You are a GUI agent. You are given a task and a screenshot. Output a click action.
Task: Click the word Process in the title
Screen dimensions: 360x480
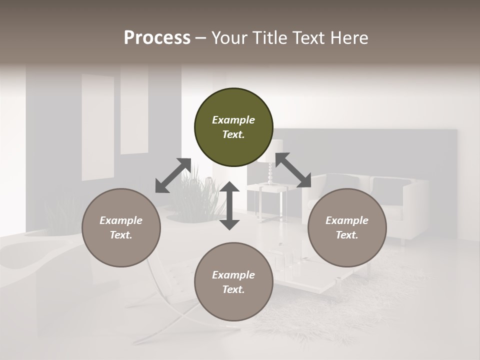pyautogui.click(x=157, y=38)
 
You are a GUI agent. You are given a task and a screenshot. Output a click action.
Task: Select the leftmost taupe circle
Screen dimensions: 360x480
pyautogui.click(x=121, y=227)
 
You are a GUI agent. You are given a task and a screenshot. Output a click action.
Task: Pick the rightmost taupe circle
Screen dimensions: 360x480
pyautogui.click(x=347, y=227)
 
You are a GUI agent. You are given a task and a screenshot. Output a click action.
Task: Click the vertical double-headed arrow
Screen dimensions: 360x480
pyautogui.click(x=229, y=205)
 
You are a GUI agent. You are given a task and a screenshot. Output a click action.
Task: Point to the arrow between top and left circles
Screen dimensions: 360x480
pyautogui.click(x=173, y=175)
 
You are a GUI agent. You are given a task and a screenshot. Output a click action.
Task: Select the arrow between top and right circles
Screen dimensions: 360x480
pyautogui.click(x=293, y=170)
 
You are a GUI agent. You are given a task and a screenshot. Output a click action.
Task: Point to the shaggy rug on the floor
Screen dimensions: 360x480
pyautogui.click(x=350, y=305)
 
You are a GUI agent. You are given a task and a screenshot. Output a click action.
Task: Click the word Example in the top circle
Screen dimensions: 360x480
pyautogui.click(x=233, y=120)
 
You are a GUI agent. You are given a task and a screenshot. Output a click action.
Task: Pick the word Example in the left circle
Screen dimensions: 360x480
pyautogui.click(x=121, y=220)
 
